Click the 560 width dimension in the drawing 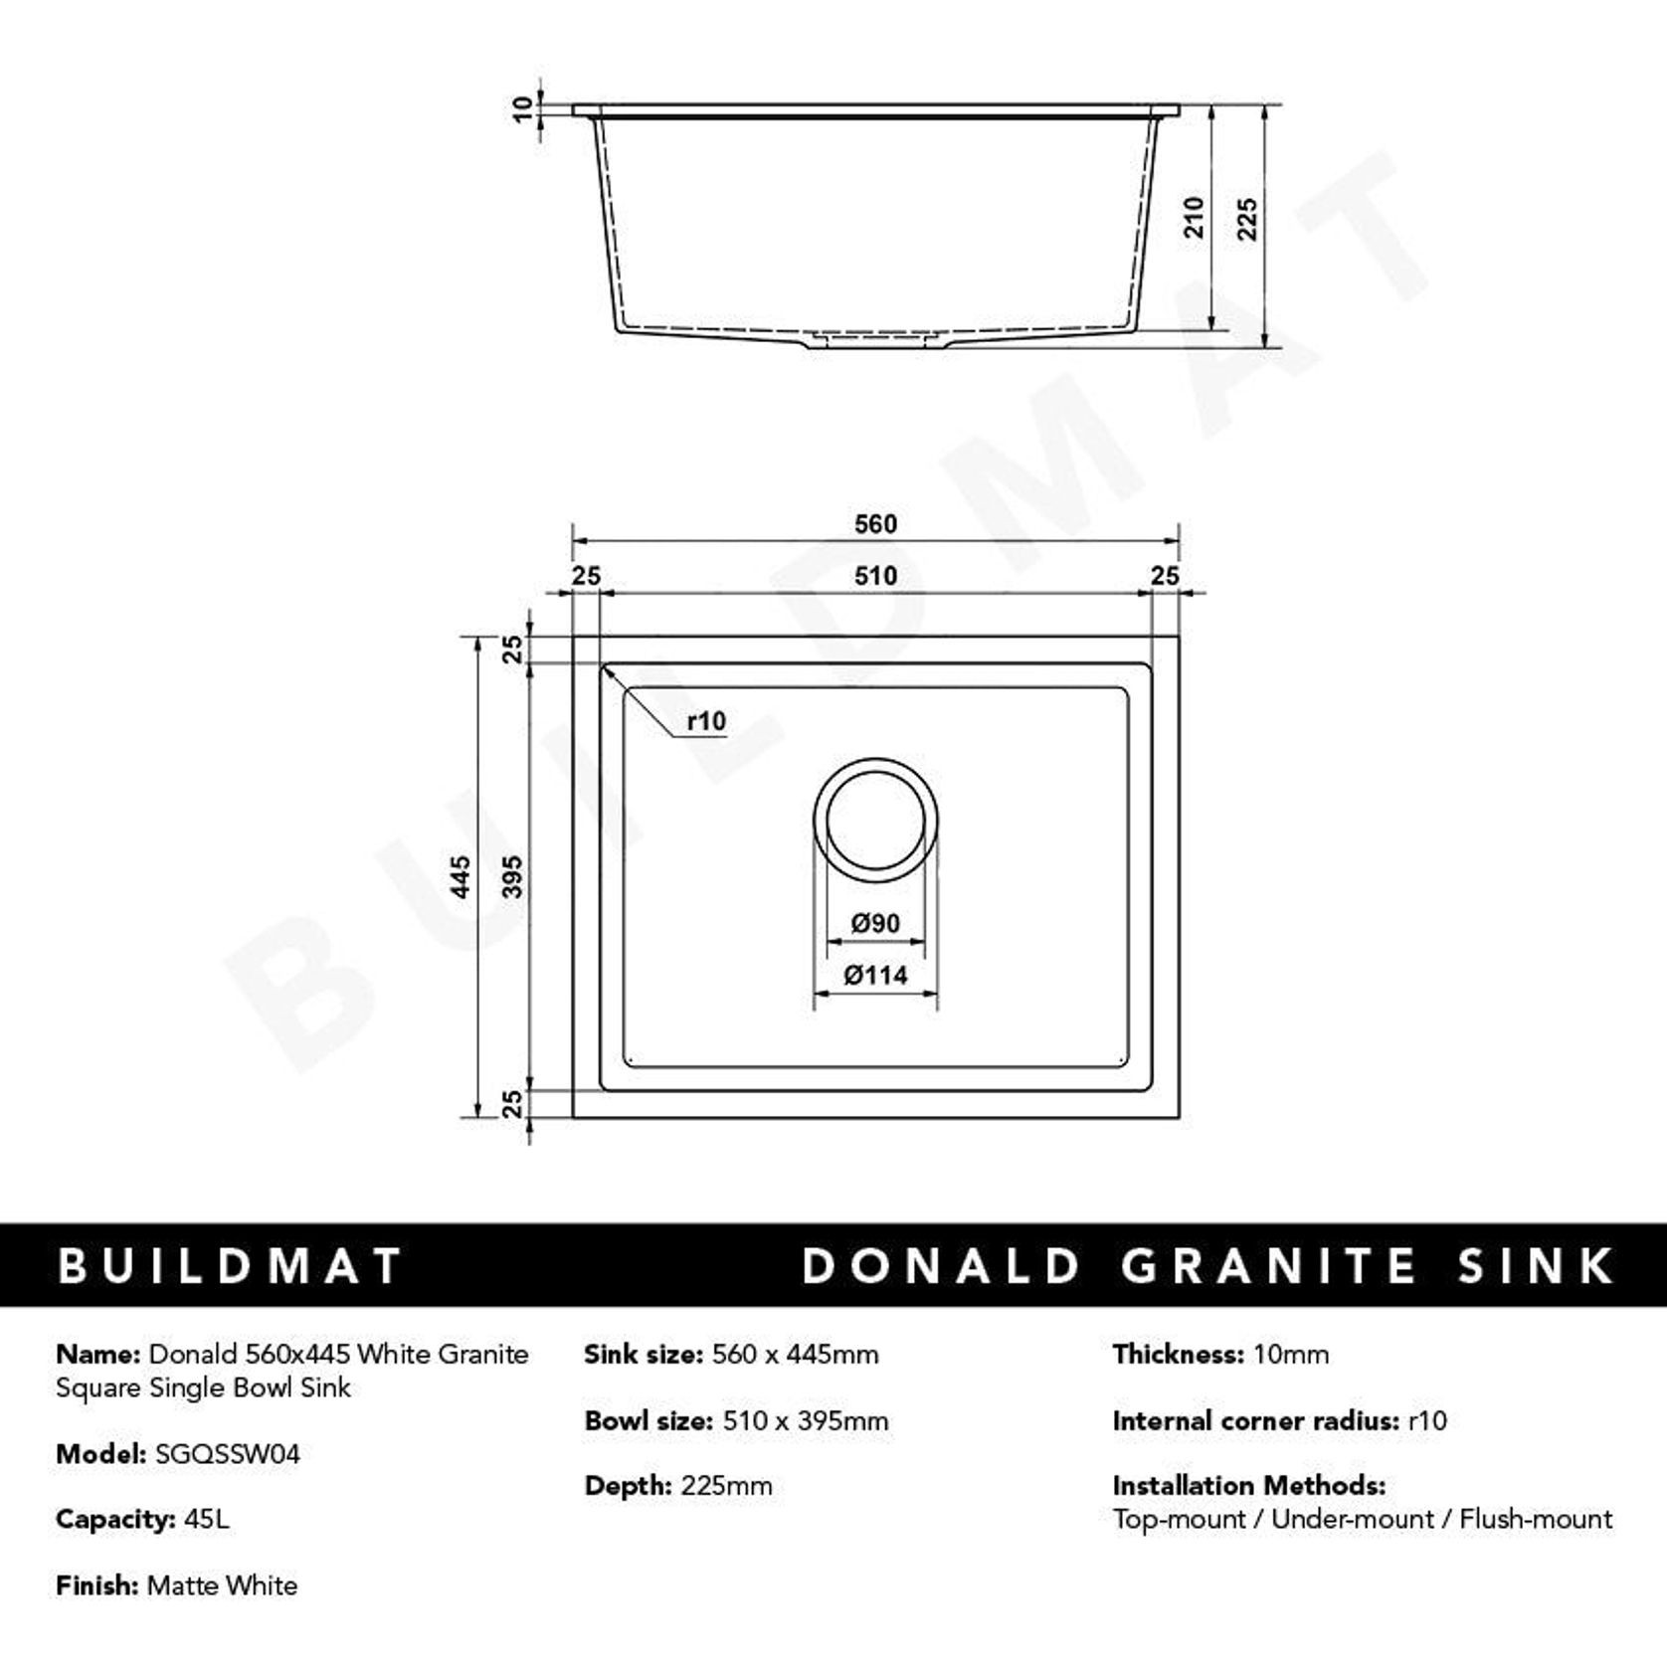(875, 524)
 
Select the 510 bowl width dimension (875, 576)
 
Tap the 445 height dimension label (461, 876)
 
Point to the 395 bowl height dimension (511, 876)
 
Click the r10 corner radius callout (706, 721)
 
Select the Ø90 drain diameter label (875, 924)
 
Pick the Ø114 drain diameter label (875, 976)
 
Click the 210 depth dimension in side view (1195, 217)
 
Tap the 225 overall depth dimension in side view (1247, 219)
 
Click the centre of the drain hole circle (875, 820)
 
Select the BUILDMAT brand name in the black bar (229, 1265)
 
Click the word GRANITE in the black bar (1268, 1265)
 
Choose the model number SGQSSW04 (228, 1454)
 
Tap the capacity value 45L (207, 1520)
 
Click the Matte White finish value (222, 1585)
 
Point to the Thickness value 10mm (1291, 1355)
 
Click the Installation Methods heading (1248, 1486)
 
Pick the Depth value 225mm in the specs (726, 1486)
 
